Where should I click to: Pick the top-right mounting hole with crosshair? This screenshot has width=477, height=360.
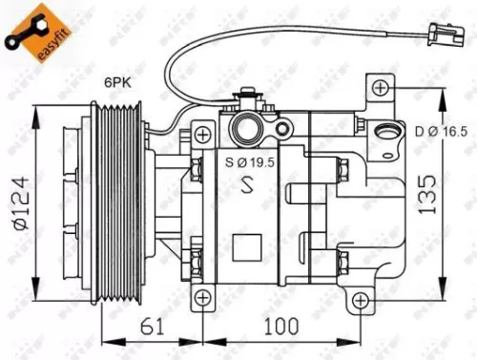(383, 88)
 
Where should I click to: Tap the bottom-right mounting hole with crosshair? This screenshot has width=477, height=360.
(360, 302)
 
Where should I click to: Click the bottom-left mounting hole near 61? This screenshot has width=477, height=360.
(202, 302)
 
